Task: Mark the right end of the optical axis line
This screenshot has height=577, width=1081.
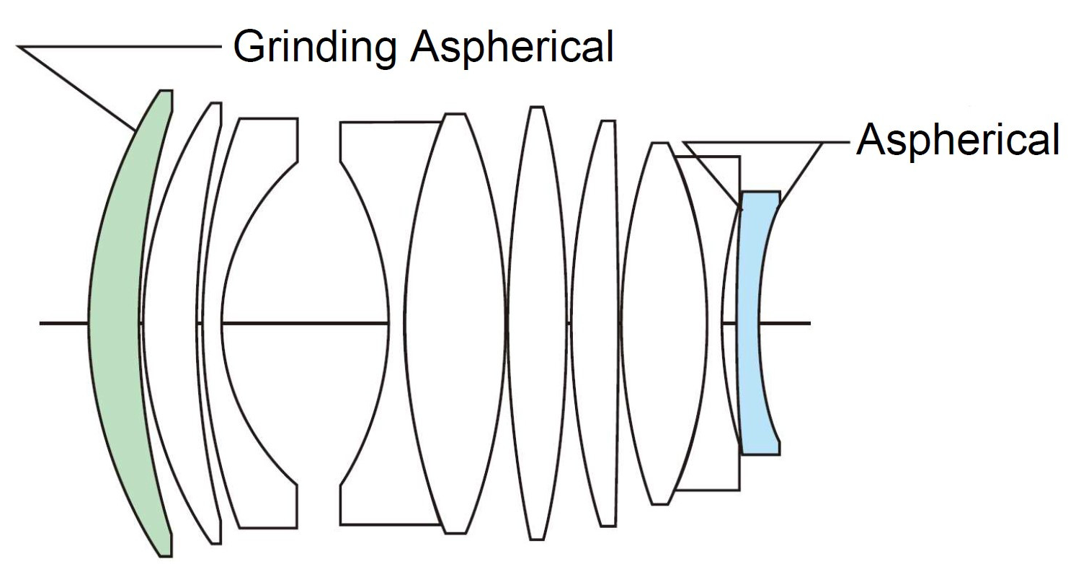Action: pyautogui.click(x=809, y=322)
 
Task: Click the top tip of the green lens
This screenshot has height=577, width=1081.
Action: pyautogui.click(x=166, y=92)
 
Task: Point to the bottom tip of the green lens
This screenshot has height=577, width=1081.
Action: pyautogui.click(x=166, y=554)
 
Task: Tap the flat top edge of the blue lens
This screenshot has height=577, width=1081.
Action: pyautogui.click(x=760, y=193)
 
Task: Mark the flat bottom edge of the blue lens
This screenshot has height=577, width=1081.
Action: pyautogui.click(x=760, y=453)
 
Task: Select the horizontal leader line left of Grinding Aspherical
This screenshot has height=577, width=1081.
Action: pyautogui.click(x=119, y=47)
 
